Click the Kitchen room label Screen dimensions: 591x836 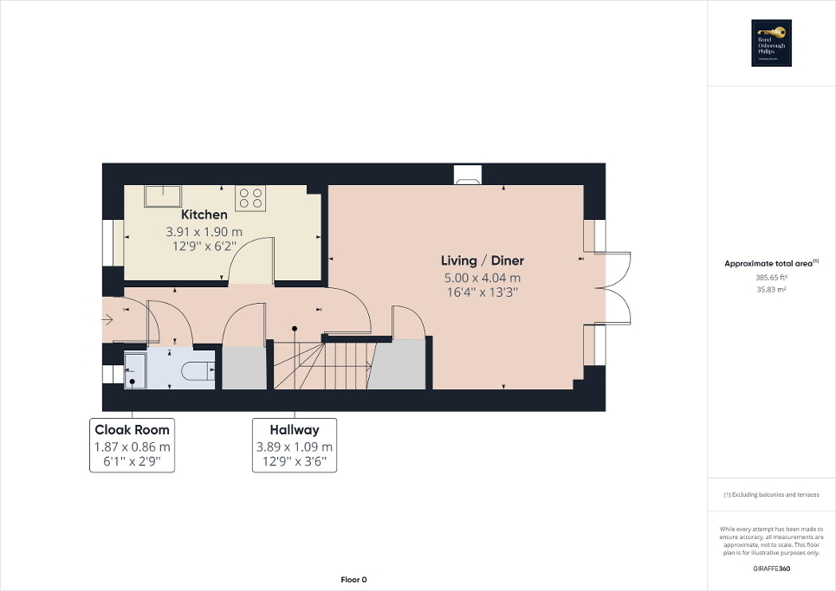click(204, 215)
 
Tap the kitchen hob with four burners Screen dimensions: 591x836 click(250, 198)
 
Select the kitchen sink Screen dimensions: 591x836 click(162, 196)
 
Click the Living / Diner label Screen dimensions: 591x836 click(483, 260)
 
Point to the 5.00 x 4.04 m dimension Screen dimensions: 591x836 click(483, 278)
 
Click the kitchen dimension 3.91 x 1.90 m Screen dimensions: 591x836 click(204, 232)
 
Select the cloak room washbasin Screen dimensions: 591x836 click(137, 369)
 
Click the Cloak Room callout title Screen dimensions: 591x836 click(133, 430)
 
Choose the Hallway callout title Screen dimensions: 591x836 click(295, 430)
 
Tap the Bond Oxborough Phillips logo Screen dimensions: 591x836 click(771, 43)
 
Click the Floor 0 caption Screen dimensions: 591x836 click(353, 580)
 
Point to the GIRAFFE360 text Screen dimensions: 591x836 click(771, 569)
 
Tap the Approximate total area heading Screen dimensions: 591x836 click(770, 264)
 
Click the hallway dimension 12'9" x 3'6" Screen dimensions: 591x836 click(295, 462)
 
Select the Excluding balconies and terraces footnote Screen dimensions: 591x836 click(771, 494)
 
